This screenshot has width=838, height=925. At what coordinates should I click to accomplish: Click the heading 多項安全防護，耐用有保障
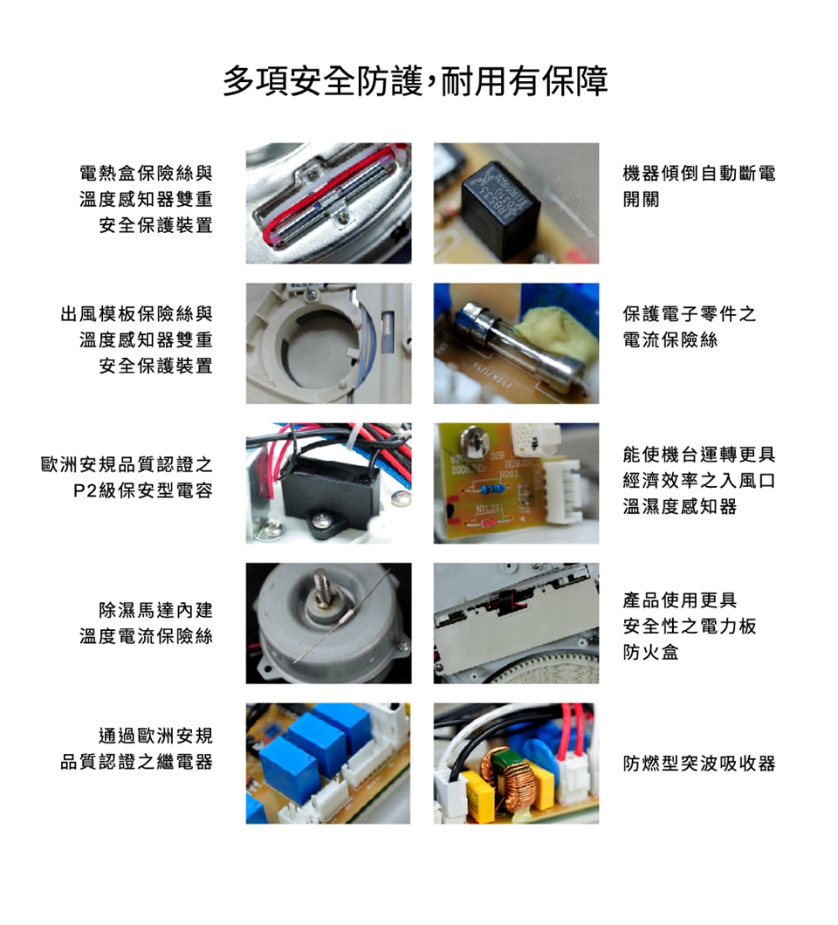(416, 81)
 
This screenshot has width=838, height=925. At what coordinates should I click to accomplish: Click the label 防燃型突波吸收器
(699, 764)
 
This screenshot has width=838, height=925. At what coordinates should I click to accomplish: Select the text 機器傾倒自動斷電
(699, 173)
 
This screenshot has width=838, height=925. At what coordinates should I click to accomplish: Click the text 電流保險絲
(670, 339)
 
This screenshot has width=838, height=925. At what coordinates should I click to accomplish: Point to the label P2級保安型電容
(142, 490)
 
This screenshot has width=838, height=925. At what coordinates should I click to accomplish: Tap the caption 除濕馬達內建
(155, 610)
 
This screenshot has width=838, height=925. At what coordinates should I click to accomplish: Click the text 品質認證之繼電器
(136, 762)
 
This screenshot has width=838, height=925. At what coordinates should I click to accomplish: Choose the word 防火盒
(651, 652)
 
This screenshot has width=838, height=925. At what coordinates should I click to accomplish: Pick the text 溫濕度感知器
(680, 506)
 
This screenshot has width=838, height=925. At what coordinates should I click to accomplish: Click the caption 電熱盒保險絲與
(147, 173)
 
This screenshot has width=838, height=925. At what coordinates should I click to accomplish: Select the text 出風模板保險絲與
(136, 314)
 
